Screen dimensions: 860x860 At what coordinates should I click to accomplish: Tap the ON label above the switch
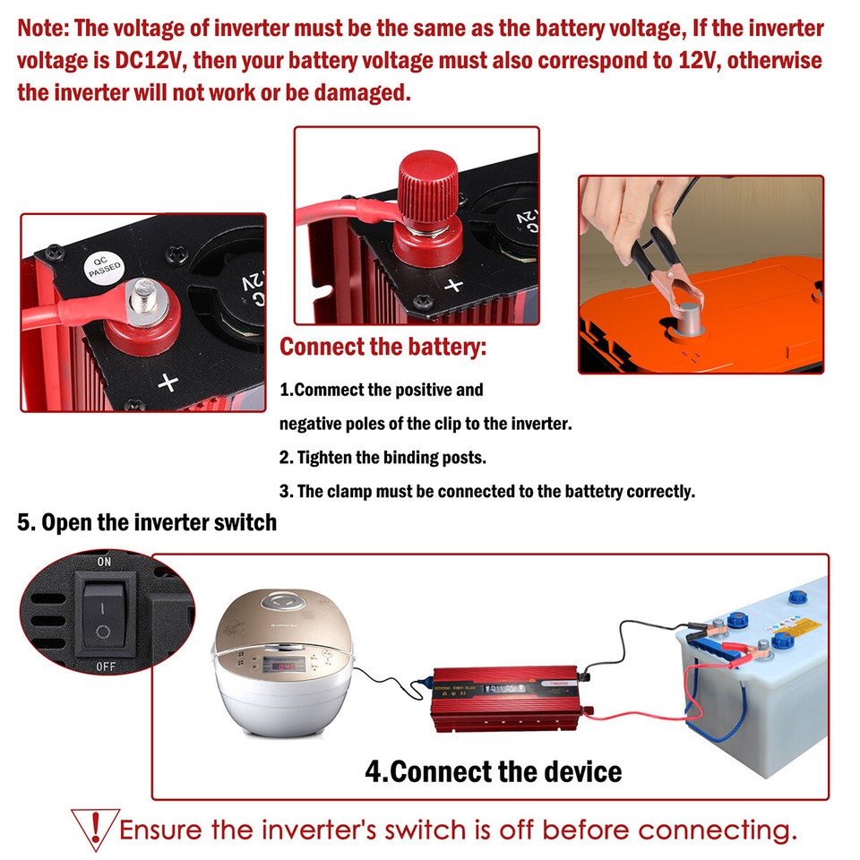click(104, 563)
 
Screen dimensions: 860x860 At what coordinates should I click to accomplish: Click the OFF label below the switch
click(106, 667)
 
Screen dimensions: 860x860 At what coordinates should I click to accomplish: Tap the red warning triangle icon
click(94, 826)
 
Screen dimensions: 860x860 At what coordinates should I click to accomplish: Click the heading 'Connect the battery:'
click(383, 348)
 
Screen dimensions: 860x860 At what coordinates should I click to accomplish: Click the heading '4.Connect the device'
click(493, 770)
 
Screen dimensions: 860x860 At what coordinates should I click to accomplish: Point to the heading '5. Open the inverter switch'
click(147, 522)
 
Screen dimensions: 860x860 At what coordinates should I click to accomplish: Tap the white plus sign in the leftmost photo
click(168, 383)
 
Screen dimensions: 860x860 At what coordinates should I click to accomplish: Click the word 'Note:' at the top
click(43, 28)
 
